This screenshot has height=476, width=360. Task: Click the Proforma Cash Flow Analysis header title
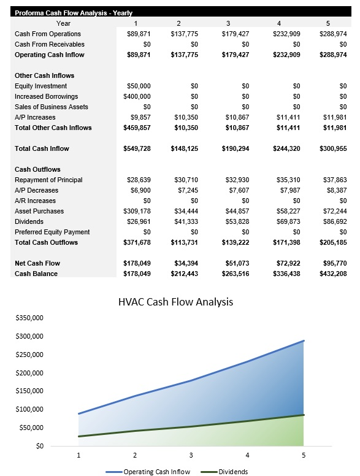coord(74,12)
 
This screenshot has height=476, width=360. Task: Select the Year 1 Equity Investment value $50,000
coord(138,86)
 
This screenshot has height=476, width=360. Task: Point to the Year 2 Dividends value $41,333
coord(185,221)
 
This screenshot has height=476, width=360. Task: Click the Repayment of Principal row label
coord(48,180)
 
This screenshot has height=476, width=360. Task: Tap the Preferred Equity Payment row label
coord(52,232)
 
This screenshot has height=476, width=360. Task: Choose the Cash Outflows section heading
coord(38,169)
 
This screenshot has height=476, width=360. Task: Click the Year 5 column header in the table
coord(328,23)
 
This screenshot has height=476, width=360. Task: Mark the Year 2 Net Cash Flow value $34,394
coord(185,263)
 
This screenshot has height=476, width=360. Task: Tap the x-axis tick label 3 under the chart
coord(191,455)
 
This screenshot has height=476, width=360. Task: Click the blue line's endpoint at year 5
coord(304,340)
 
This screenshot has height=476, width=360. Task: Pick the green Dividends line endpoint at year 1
coord(79,436)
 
